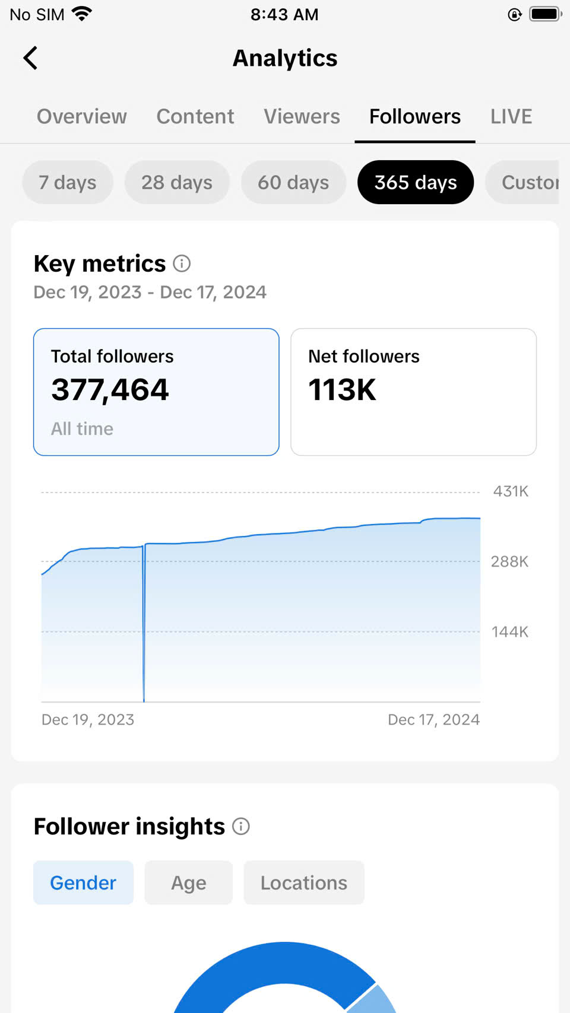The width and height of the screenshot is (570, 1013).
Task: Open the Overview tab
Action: click(82, 116)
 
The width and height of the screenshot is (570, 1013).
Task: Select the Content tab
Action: click(195, 116)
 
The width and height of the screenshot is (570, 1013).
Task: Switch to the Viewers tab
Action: click(302, 116)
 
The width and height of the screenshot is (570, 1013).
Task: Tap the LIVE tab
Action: click(511, 116)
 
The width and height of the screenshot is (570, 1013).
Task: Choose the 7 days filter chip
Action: click(68, 182)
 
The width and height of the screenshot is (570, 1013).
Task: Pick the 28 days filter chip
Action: click(177, 182)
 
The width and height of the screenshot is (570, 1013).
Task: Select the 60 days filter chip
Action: click(293, 182)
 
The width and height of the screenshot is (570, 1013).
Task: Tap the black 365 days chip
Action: click(416, 182)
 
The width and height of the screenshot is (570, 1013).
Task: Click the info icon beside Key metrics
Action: click(182, 263)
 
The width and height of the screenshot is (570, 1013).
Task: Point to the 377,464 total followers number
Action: click(110, 390)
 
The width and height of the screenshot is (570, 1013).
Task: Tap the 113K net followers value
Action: click(342, 390)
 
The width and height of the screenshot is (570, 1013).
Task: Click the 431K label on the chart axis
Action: click(511, 491)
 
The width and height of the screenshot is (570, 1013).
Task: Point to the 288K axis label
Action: click(509, 561)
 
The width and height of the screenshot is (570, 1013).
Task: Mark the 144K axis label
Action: click(509, 632)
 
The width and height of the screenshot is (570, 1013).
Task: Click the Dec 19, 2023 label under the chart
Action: click(88, 720)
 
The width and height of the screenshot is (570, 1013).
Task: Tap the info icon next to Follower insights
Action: click(241, 826)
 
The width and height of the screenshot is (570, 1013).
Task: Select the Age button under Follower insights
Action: click(189, 883)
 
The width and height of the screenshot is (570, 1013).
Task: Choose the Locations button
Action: click(304, 883)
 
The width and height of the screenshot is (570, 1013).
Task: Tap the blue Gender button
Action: click(83, 883)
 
